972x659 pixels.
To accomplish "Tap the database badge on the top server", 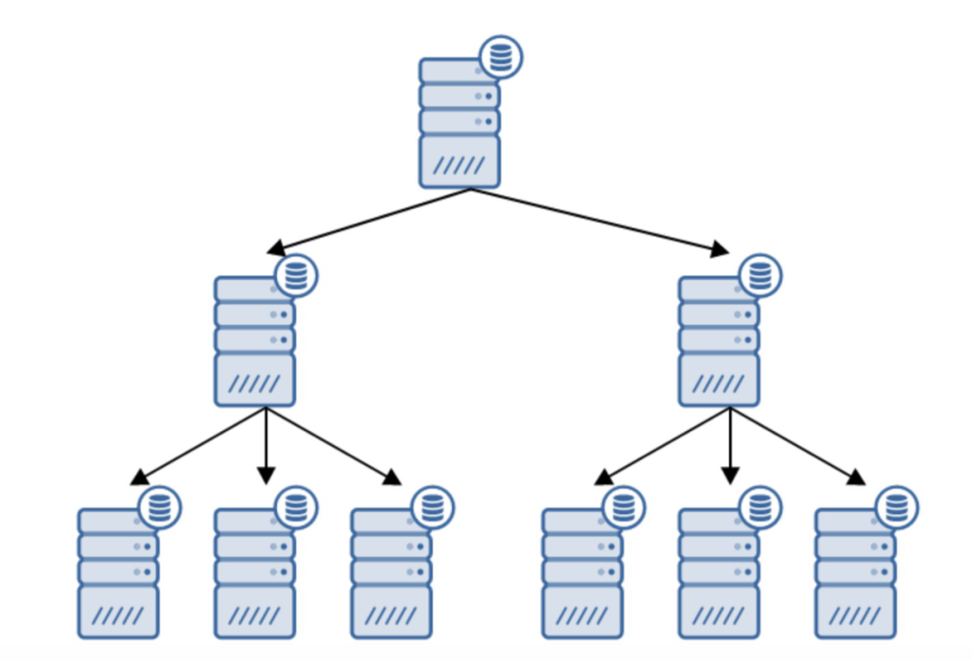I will click(x=500, y=58).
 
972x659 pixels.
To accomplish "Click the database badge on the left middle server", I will click(x=296, y=275).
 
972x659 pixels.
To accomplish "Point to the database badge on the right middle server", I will click(x=760, y=275).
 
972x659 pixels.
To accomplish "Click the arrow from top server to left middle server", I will click(x=369, y=220).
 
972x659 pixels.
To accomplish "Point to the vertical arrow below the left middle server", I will click(x=265, y=446).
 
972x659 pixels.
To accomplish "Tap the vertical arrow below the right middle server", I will click(x=730, y=446).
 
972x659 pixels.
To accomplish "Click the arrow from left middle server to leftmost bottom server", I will click(x=198, y=446).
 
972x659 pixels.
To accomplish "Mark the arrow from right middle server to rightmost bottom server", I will click(x=797, y=446).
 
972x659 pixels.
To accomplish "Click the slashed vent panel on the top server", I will click(x=459, y=164).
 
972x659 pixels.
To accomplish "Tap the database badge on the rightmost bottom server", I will click(x=896, y=508).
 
